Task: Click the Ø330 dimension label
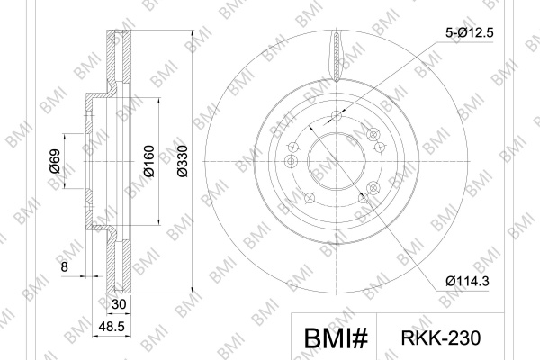[183, 161]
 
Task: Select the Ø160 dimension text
[149, 161]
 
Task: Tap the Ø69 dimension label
[55, 161]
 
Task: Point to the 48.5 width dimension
[112, 326]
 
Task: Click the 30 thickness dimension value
[119, 304]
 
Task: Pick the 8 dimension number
[65, 266]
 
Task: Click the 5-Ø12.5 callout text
[470, 33]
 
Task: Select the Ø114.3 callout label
[467, 282]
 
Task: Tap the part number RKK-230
[440, 337]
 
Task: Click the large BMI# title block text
[336, 338]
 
